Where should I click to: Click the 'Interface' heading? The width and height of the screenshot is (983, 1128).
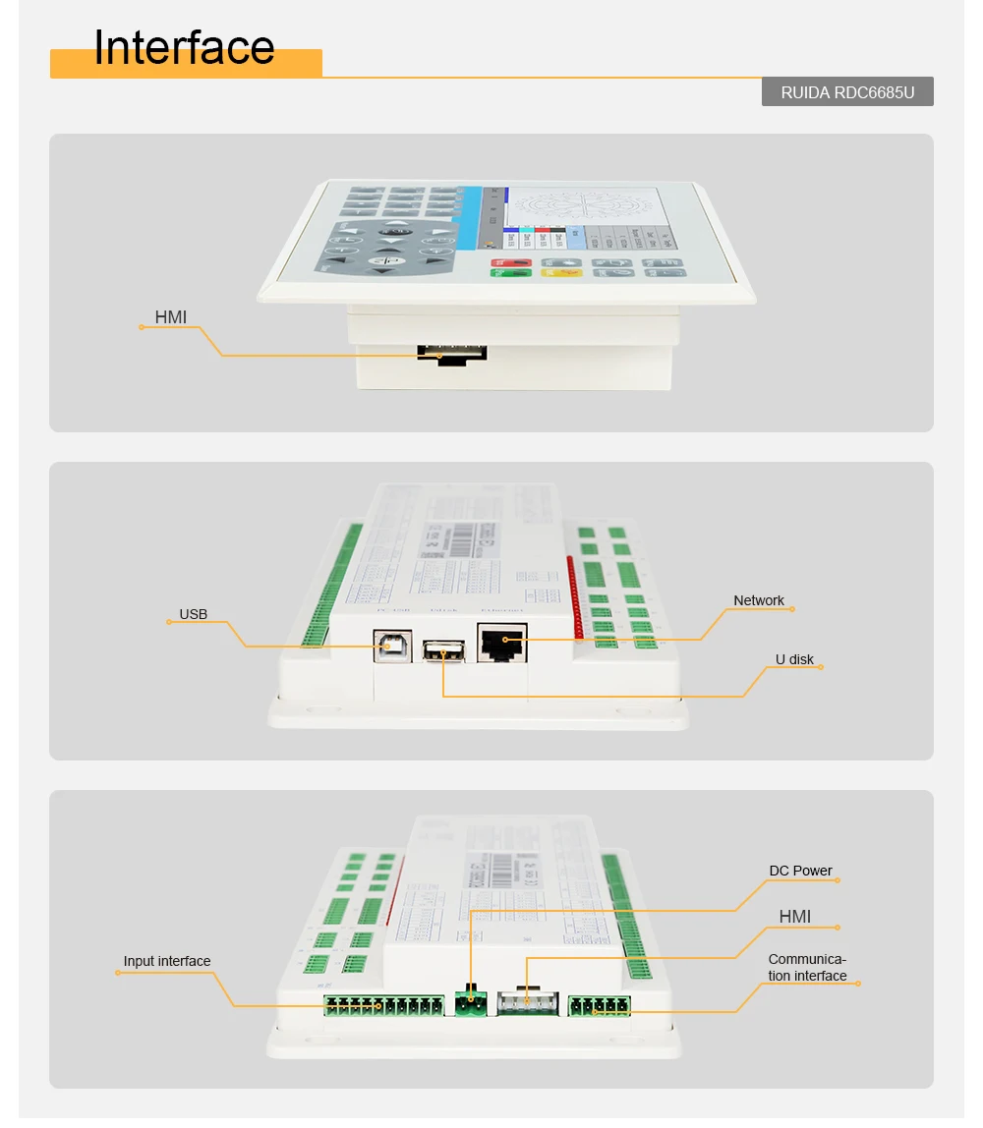pyautogui.click(x=184, y=48)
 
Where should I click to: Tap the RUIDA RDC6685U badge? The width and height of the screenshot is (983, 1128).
pyautogui.click(x=847, y=92)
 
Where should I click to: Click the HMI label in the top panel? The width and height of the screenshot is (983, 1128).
pyautogui.click(x=170, y=317)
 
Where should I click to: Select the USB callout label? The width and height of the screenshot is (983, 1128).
pyautogui.click(x=193, y=614)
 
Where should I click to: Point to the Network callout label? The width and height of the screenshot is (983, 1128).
pyautogui.click(x=759, y=600)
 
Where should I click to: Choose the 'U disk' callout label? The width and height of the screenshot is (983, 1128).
pyautogui.click(x=793, y=659)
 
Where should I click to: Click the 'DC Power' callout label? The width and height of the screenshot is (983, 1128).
pyautogui.click(x=800, y=871)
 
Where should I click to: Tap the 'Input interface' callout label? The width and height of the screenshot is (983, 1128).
pyautogui.click(x=167, y=961)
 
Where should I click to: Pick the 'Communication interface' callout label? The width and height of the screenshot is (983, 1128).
pyautogui.click(x=807, y=968)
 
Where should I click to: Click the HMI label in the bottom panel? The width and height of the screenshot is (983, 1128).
pyautogui.click(x=794, y=917)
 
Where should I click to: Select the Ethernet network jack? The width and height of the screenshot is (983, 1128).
pyautogui.click(x=502, y=643)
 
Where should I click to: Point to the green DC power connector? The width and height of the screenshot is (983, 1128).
pyautogui.click(x=471, y=1002)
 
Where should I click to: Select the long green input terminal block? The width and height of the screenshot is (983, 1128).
pyautogui.click(x=384, y=1005)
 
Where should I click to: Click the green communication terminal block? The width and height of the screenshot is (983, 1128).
pyautogui.click(x=599, y=1004)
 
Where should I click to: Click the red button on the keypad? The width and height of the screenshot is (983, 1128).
pyautogui.click(x=510, y=262)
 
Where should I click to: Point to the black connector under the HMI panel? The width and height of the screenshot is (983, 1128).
pyautogui.click(x=452, y=353)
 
